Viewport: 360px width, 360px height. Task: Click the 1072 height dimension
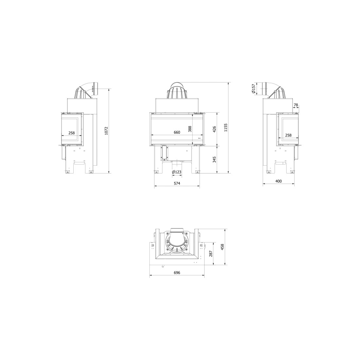tap(106, 131)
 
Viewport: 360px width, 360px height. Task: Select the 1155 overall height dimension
tap(226, 127)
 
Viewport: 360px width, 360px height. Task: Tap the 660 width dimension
tap(177, 132)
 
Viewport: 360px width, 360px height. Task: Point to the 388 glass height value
tap(189, 129)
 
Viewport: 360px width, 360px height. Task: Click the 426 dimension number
tap(214, 129)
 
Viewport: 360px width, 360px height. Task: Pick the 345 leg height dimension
tap(214, 160)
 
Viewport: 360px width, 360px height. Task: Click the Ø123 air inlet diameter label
tap(176, 172)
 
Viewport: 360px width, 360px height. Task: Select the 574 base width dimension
tap(177, 183)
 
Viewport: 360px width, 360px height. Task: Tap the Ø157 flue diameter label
tap(253, 89)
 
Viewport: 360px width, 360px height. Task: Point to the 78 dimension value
tap(296, 105)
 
